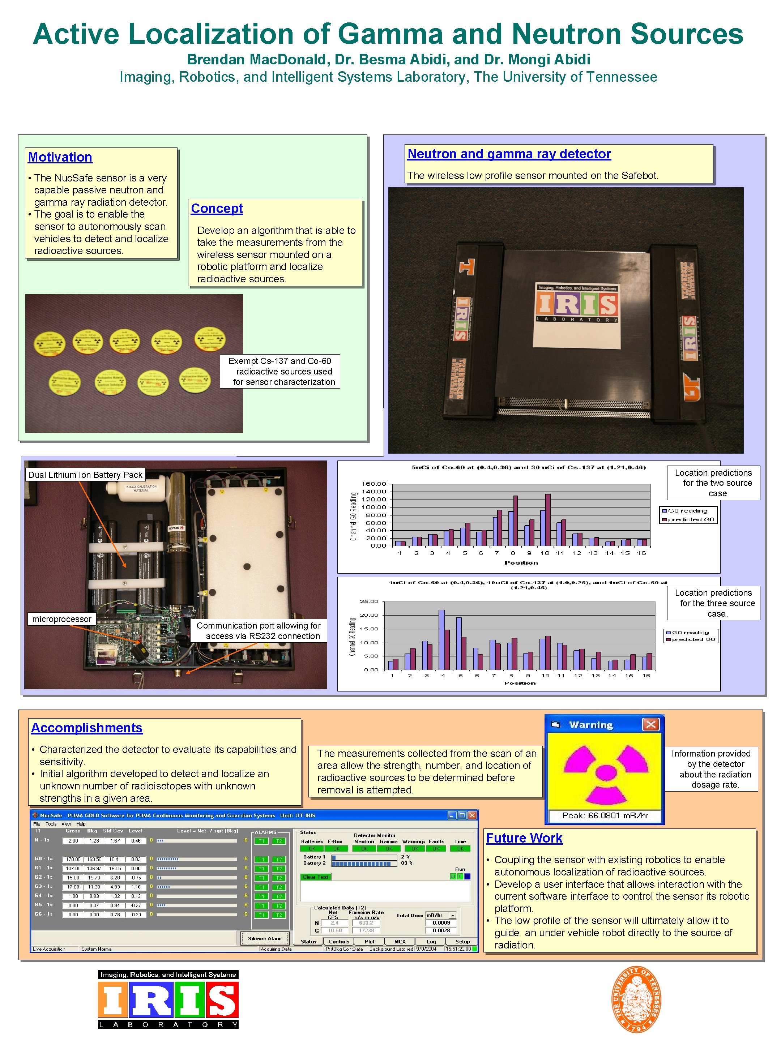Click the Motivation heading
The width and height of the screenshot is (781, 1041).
(60, 157)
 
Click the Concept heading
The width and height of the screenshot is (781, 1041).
(217, 209)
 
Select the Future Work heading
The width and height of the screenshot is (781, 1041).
(524, 838)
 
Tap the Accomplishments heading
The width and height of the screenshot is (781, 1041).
(87, 728)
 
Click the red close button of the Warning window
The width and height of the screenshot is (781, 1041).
(650, 725)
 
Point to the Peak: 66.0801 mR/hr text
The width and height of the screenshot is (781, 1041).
(605, 815)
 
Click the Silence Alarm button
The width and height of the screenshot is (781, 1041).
(265, 938)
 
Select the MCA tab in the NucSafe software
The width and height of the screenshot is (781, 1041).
(400, 942)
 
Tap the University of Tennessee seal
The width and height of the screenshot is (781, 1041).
(636, 999)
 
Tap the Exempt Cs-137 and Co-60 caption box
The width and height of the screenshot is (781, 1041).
(281, 371)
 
